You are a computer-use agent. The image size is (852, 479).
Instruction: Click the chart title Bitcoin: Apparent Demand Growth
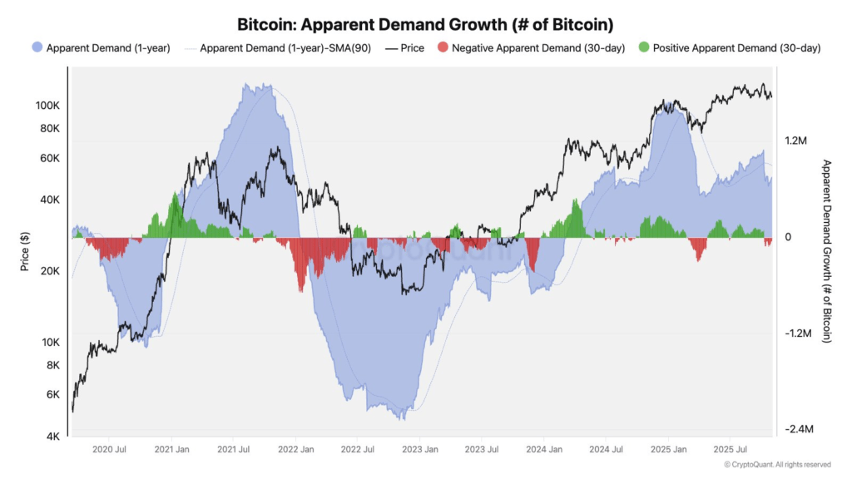pyautogui.click(x=426, y=25)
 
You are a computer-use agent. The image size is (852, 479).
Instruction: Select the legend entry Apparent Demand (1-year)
pyautogui.click(x=100, y=48)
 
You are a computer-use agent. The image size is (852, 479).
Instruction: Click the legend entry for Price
pyautogui.click(x=404, y=48)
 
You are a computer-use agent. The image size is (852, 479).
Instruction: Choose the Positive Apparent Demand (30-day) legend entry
pyautogui.click(x=728, y=48)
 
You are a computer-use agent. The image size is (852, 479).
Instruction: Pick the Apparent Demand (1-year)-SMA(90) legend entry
pyautogui.click(x=276, y=48)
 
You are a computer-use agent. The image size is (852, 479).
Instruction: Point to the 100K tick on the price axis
pyautogui.click(x=47, y=106)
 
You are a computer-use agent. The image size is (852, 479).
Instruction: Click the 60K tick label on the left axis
pyautogui.click(x=49, y=158)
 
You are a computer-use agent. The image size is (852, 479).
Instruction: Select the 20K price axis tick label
pyautogui.click(x=49, y=271)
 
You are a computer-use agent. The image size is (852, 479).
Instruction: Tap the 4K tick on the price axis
pyautogui.click(x=52, y=437)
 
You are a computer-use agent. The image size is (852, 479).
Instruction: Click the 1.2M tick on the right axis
pyautogui.click(x=795, y=141)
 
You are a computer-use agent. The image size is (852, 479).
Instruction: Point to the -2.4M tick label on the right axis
pyautogui.click(x=797, y=429)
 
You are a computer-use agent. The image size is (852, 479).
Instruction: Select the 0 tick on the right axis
pyautogui.click(x=787, y=237)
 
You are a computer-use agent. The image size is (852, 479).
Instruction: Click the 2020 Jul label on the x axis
pyautogui.click(x=108, y=450)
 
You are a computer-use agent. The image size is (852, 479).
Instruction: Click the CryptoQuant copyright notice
pyautogui.click(x=777, y=465)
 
